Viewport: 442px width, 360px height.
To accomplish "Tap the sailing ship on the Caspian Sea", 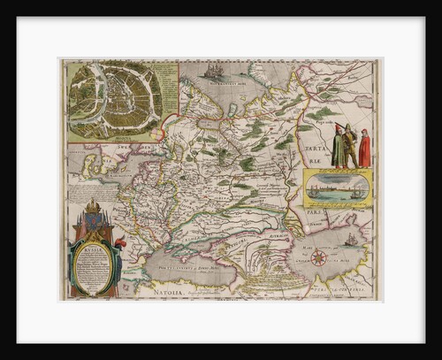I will (x=350, y=239).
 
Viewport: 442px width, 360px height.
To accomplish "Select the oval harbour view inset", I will (x=337, y=187).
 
